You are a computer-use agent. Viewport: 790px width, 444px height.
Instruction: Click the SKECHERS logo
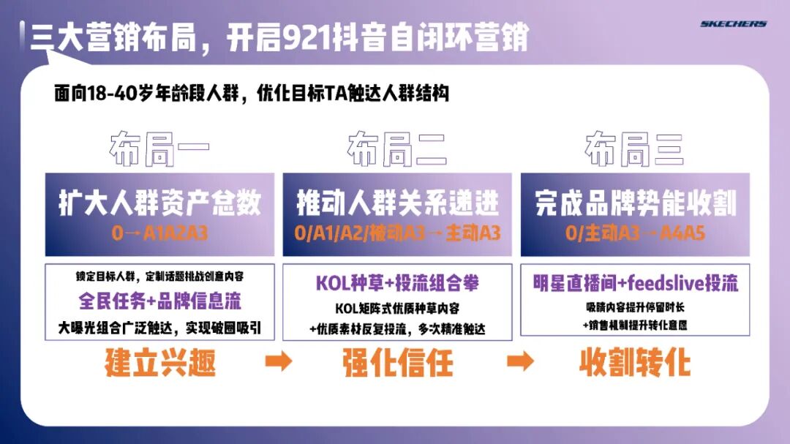tap(733, 24)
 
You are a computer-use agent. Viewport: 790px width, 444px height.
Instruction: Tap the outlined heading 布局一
tap(159, 150)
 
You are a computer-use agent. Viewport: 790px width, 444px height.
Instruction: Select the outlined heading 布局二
tap(397, 150)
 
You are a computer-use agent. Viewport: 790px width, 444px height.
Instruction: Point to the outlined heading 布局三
tap(634, 150)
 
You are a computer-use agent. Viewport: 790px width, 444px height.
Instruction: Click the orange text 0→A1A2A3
tap(159, 233)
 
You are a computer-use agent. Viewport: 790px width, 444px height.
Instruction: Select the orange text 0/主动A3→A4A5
tap(635, 233)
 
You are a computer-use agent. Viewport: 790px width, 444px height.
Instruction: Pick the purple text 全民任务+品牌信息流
tap(159, 301)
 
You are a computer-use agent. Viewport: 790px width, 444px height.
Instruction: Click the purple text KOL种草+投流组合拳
tap(397, 283)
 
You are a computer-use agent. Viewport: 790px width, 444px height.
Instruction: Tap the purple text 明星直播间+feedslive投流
tap(635, 283)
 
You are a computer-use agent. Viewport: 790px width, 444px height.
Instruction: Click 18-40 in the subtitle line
tap(112, 94)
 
